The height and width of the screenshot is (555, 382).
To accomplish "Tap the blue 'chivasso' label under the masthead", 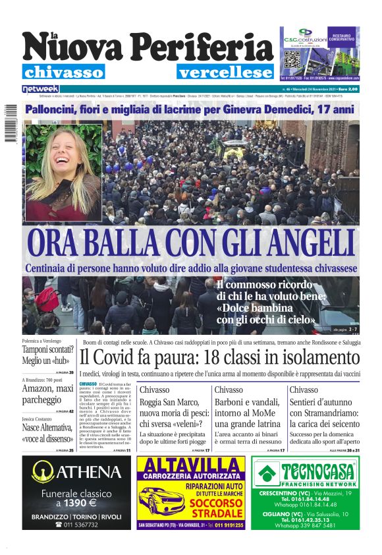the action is coord(63,72).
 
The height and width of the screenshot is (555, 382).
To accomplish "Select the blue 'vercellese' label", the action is coord(225,72).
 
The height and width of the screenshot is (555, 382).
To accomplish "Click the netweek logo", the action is coord(40,88).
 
